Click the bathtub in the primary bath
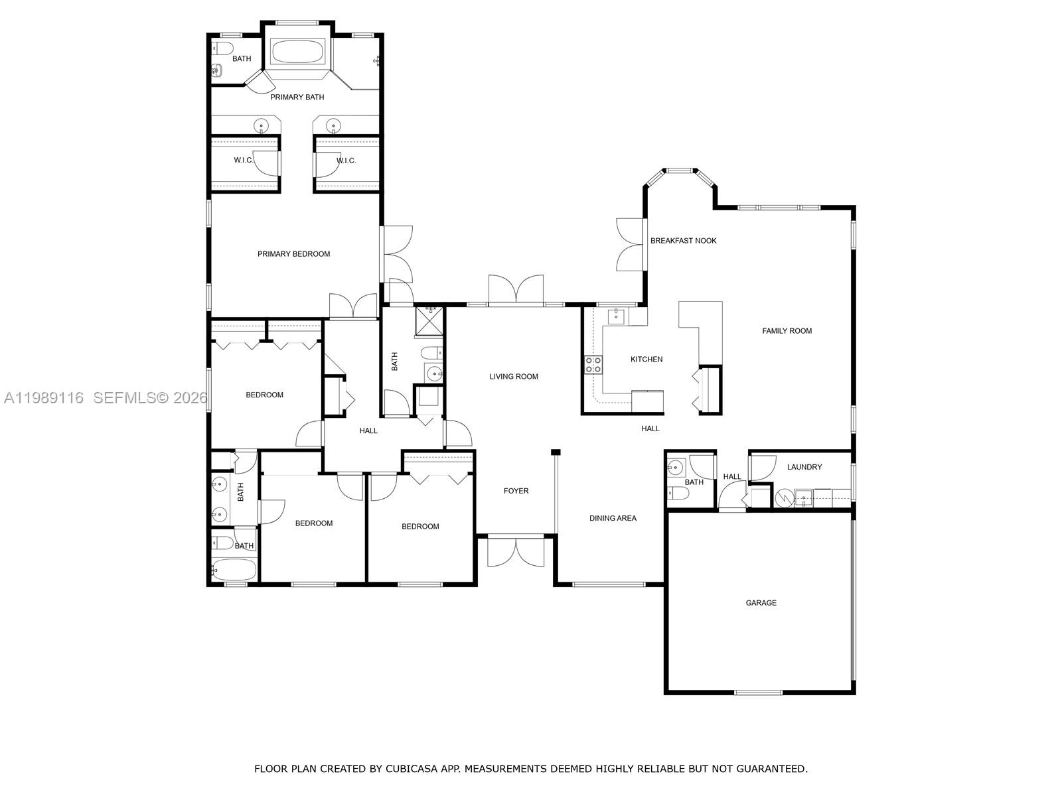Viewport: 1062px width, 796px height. pos(297,51)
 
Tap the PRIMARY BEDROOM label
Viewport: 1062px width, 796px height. pos(293,254)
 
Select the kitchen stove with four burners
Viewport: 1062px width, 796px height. pos(593,364)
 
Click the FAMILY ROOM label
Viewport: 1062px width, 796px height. pos(787,331)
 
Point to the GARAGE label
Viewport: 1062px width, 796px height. pos(761,603)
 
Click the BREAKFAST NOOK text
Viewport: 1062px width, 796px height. pos(683,241)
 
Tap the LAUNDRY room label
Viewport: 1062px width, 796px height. pos(804,467)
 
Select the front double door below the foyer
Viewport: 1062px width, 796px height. pos(516,552)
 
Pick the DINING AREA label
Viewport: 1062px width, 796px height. pos(613,518)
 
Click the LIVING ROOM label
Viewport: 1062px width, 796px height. pos(514,377)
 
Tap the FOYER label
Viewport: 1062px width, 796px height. pos(516,491)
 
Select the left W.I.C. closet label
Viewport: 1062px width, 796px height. pos(244,161)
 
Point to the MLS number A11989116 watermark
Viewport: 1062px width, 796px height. pos(44,398)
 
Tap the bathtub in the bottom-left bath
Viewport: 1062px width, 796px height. pos(234,569)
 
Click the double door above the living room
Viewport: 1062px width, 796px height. pos(516,290)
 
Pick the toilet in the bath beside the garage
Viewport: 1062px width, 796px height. pos(678,492)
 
